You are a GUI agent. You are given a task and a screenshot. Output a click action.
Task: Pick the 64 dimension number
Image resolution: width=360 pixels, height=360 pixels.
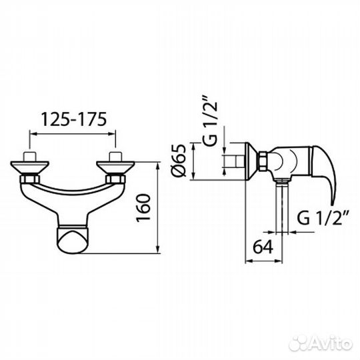point(263,247)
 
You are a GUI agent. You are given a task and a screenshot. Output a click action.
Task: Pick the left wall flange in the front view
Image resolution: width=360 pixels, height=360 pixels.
point(30,167)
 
